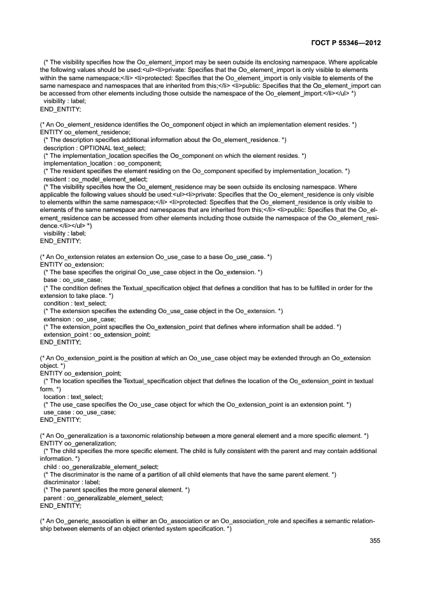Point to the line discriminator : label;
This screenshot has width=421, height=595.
pyautogui.click(x=71, y=482)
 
